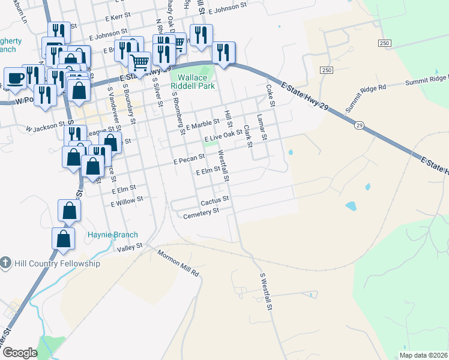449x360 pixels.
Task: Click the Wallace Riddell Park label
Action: coord(196,82)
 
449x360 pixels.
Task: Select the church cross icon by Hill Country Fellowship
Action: coord(5,263)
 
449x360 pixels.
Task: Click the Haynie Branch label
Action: coord(113,235)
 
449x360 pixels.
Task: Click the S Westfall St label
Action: coord(267,292)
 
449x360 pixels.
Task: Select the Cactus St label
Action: coord(215,200)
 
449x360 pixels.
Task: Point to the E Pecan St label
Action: coord(189,159)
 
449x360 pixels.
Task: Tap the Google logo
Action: coord(20,353)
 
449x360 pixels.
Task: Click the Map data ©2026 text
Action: coord(423,355)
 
